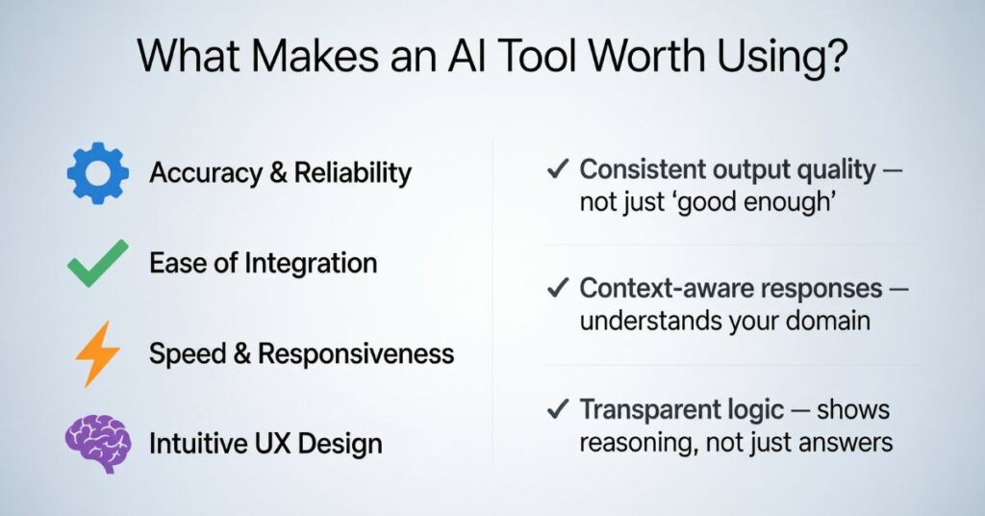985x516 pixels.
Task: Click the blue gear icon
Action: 98,173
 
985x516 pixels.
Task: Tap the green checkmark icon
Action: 97,264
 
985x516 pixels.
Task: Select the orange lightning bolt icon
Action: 97,354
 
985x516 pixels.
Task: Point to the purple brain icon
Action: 98,443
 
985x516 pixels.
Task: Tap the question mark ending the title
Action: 836,55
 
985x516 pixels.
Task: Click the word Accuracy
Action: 206,173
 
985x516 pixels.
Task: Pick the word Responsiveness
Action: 356,353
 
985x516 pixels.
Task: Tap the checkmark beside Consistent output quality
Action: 558,168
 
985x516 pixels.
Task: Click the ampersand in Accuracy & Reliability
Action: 278,173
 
